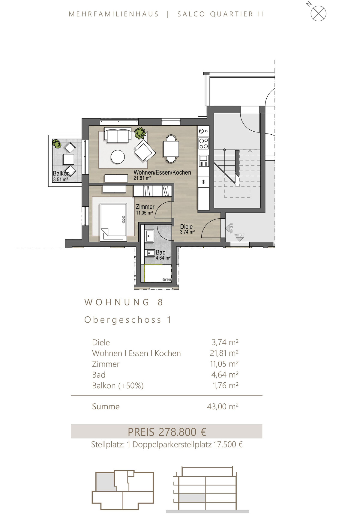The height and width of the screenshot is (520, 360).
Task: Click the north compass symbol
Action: pos(318,13)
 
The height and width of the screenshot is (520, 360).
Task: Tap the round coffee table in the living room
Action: pos(118,157)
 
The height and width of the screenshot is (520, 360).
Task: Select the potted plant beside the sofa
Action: pos(140,133)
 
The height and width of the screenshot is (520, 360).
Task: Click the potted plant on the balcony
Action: pos(56,144)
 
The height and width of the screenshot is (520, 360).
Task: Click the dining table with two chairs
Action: pos(171,149)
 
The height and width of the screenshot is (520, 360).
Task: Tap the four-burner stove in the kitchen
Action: pos(203,143)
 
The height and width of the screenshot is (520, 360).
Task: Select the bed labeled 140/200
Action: pos(113,221)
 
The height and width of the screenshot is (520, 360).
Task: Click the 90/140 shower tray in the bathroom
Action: pos(158,273)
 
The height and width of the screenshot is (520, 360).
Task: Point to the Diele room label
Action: pos(186,227)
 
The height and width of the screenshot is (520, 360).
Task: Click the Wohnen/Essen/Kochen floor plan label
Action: pos(162,172)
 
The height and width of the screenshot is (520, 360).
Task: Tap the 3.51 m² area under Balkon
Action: pos(60,180)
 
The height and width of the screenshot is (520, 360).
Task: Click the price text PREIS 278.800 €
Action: pos(167,432)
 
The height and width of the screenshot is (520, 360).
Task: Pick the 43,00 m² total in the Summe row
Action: pos(223,406)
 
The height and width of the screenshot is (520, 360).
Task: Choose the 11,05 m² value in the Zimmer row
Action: pos(224,364)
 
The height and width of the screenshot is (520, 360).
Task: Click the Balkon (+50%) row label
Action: pos(118,385)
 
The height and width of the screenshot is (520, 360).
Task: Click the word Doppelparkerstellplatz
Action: pos(172,444)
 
